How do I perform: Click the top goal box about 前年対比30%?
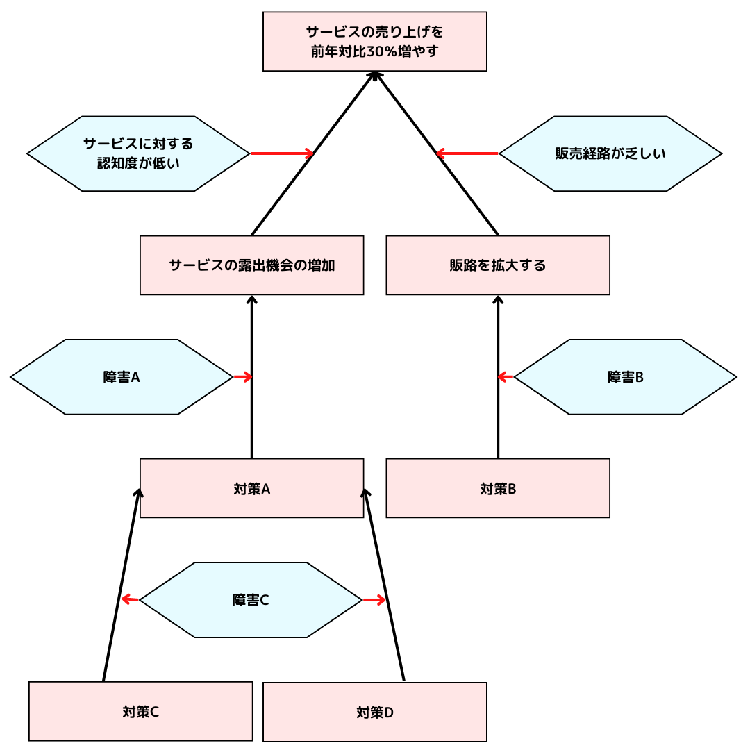tap(374, 42)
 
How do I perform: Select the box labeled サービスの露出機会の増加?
tap(251, 265)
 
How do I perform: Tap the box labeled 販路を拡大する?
tap(497, 265)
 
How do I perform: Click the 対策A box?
tap(251, 488)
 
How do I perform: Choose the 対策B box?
tap(497, 488)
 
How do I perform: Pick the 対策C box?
tap(140, 711)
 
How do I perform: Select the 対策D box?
tap(374, 712)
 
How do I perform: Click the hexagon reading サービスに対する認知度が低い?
tap(138, 153)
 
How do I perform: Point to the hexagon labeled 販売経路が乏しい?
tap(610, 153)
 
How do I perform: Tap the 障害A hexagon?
tap(122, 377)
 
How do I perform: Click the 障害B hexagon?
tap(625, 377)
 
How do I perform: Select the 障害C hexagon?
tap(251, 600)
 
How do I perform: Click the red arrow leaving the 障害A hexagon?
tap(242, 377)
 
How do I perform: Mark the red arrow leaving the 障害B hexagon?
tap(506, 377)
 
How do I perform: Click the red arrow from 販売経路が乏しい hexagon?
tap(467, 153)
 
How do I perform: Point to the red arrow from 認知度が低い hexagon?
tap(282, 153)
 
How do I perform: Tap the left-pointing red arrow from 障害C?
tap(131, 599)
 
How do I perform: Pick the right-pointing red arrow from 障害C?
tap(374, 600)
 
